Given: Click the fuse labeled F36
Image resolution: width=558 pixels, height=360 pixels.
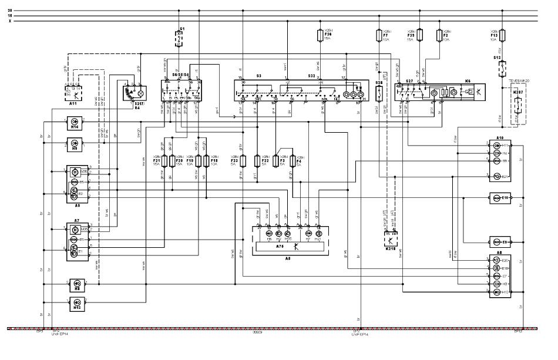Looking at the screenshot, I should (x=320, y=35).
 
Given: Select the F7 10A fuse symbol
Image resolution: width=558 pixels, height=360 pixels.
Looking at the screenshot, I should (x=379, y=36).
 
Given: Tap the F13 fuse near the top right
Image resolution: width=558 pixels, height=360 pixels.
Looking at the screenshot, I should (x=500, y=35).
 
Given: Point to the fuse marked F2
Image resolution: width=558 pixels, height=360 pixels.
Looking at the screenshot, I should (x=439, y=36).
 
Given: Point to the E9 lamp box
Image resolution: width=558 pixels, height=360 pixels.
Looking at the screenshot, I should (x=500, y=241).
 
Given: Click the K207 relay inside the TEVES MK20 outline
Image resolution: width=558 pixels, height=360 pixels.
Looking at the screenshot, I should (x=516, y=106).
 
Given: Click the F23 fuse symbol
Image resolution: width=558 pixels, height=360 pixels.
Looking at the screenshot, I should (x=243, y=160).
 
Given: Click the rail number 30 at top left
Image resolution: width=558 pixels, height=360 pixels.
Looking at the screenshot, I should (x=9, y=11).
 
